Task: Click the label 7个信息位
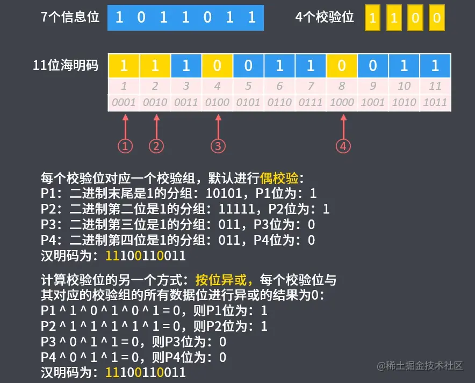pos(70,17)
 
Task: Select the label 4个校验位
pos(325,17)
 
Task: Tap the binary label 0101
pos(249,102)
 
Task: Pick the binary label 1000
pos(342,102)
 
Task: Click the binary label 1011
pos(435,102)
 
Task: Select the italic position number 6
pos(279,86)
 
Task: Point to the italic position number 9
pos(373,86)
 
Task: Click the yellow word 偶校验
pos(279,178)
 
